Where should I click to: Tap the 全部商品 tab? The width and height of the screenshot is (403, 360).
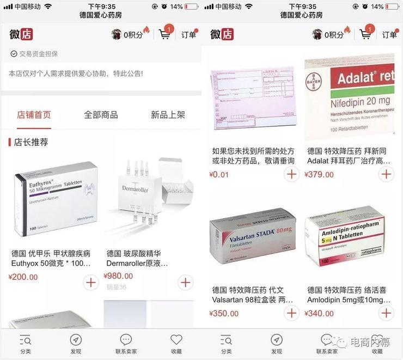[101, 115]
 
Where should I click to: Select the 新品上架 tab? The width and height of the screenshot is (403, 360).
[168, 115]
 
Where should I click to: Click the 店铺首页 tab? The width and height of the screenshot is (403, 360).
[34, 115]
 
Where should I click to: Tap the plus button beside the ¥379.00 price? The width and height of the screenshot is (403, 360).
[386, 174]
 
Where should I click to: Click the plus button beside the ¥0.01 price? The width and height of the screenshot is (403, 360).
[291, 174]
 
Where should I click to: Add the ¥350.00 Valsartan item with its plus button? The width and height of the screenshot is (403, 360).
[291, 313]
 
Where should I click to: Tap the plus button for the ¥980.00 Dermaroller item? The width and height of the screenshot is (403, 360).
[186, 282]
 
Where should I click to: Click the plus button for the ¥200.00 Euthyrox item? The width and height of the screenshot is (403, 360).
[90, 282]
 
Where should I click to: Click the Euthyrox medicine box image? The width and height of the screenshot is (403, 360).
[55, 199]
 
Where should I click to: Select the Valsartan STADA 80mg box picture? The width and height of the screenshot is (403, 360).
[253, 240]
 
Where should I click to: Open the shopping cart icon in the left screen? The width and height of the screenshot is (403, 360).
[164, 34]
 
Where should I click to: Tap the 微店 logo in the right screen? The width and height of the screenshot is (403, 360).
[222, 34]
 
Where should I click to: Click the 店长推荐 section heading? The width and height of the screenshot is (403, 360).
[31, 142]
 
